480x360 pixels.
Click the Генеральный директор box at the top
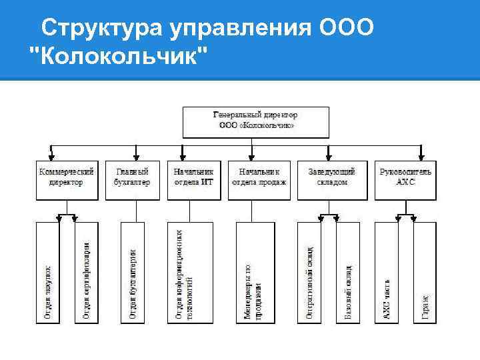[x=256, y=119]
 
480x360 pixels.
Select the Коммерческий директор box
[x=66, y=177]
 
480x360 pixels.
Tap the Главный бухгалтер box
[x=137, y=177]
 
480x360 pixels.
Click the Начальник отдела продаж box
[x=259, y=177]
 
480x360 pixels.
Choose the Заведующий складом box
[x=331, y=177]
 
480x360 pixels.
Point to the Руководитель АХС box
[x=405, y=177]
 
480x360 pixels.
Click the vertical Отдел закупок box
[x=47, y=272]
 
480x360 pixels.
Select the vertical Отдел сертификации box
[x=85, y=272]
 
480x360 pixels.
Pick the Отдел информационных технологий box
[x=189, y=272]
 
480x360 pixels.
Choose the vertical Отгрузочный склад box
[x=309, y=272]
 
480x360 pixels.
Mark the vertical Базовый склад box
[x=347, y=272]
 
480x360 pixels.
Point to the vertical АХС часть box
[x=387, y=272]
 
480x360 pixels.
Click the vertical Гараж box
[x=424, y=272]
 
